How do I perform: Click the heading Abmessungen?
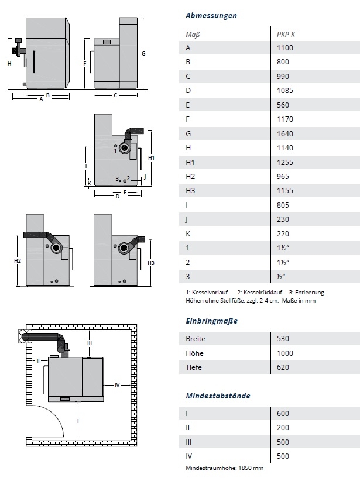pos(211,16)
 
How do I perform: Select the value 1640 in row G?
pos(285,134)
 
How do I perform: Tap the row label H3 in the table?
pos(190,191)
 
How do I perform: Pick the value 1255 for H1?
pos(285,163)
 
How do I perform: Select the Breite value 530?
pos(283,338)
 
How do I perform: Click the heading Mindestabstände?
pos(218,396)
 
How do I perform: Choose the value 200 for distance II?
pos(283,428)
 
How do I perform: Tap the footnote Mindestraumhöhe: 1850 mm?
pos(225,468)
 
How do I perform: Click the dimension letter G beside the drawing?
pos(143,53)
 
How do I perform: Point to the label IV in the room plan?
pos(117,385)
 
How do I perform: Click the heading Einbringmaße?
pos(211,321)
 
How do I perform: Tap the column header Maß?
pos(193,34)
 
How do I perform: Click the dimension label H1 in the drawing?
pos(152,158)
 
